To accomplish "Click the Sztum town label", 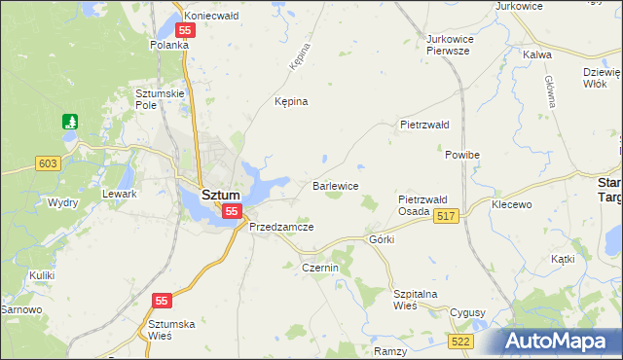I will coord(220,195).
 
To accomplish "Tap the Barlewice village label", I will coord(336,185).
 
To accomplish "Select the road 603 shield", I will coord(47,163).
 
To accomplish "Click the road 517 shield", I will coord(446,216).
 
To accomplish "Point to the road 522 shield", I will coord(461,341).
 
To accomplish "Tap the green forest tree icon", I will coord(69,122).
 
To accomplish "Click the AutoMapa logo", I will coord(559,342).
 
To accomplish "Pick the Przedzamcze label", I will coord(280,226).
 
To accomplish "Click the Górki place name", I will coord(381,239).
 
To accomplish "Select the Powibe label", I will coord(462,155).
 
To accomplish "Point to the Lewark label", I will coord(120,194).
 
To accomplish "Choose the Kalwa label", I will coord(538,55).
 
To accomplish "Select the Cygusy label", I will coord(467,312).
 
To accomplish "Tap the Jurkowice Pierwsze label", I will coord(449,45).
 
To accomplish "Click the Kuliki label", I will coord(41,275).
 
